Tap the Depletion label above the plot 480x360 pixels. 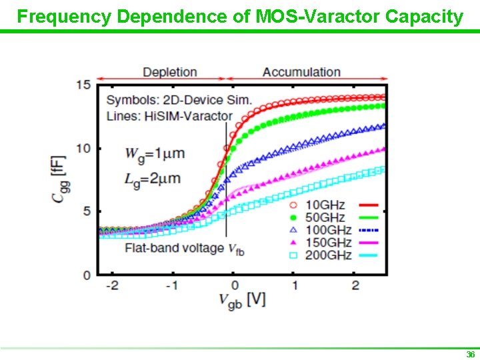170,72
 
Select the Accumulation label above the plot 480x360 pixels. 301,72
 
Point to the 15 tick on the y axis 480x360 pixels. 83,85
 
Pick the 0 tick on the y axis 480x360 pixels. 87,275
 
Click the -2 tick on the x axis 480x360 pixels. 113,285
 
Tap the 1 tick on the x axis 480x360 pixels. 294,285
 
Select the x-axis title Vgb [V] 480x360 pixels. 243,300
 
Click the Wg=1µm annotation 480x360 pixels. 154,154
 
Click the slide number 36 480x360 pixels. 470,354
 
